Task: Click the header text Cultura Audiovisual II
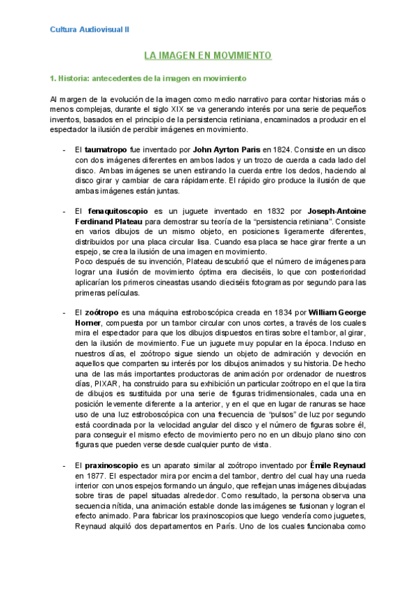pyautogui.click(x=90, y=30)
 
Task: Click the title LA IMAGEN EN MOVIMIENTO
pyautogui.click(x=208, y=55)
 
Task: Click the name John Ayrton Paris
pyautogui.click(x=227, y=149)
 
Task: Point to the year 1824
pyautogui.click(x=279, y=149)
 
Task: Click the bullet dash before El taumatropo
pyautogui.click(x=64, y=149)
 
